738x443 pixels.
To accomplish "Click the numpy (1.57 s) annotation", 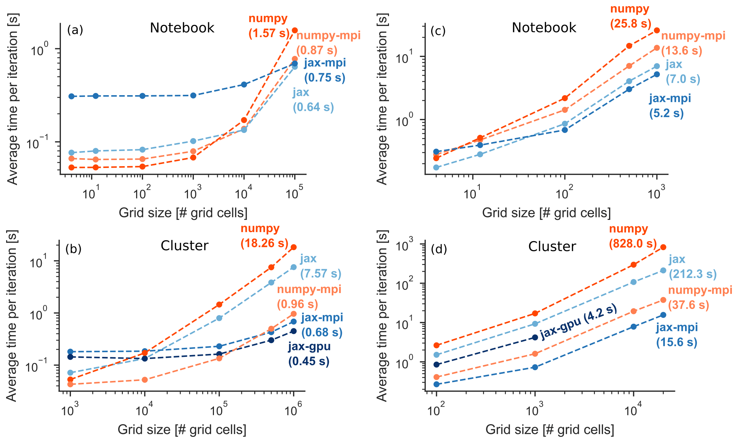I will [269, 26].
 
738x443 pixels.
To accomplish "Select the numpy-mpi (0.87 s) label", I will [328, 43].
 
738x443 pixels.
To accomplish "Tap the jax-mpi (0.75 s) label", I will [325, 70].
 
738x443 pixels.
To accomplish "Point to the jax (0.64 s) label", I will [313, 100].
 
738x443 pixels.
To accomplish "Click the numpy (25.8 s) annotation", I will [631, 16].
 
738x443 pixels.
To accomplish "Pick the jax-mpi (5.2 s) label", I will [670, 106].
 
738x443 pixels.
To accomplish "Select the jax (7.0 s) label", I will [677, 72].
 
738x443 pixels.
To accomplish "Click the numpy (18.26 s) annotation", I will [264, 236].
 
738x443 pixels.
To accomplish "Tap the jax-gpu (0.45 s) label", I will [309, 354].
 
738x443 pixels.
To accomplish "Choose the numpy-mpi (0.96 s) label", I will [309, 297].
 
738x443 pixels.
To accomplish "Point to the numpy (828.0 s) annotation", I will [633, 236].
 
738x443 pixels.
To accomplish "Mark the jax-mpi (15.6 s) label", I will [677, 335].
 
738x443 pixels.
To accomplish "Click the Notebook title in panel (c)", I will [544, 28].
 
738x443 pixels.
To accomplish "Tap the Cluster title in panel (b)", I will [184, 246].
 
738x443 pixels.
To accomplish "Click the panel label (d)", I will [439, 249].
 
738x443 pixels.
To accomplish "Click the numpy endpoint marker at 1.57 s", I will [295, 30].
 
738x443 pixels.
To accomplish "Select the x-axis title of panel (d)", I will [550, 430].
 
